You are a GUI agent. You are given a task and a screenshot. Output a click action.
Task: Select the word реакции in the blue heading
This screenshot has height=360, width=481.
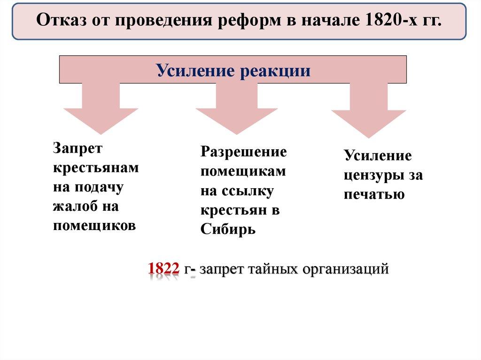[275, 71]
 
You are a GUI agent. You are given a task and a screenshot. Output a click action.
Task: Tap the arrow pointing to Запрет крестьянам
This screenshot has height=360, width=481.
[101, 108]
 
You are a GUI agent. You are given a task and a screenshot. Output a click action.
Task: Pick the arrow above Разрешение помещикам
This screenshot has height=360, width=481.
[237, 108]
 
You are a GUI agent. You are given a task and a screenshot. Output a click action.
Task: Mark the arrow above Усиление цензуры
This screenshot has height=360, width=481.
[369, 110]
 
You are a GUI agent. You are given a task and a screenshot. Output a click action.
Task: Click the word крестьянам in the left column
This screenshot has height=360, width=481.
[96, 168]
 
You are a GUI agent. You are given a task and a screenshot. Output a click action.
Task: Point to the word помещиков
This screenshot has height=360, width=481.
[94, 226]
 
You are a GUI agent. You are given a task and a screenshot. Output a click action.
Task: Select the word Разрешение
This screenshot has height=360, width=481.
[244, 152]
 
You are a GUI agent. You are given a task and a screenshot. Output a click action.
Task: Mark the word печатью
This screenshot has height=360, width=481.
[374, 194]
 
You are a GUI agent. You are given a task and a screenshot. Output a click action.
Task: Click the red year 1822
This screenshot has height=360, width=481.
[163, 268]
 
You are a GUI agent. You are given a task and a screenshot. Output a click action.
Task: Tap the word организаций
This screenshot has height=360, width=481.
[346, 269]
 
